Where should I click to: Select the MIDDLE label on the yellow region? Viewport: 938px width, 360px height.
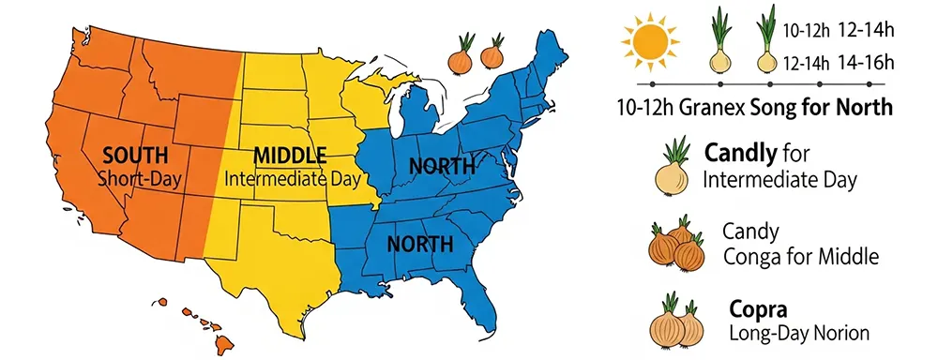click(290, 155)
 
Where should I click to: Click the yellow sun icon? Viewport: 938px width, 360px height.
click(647, 40)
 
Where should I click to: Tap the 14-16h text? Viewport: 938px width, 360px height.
click(864, 63)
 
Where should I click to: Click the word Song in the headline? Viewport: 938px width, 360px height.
click(772, 108)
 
